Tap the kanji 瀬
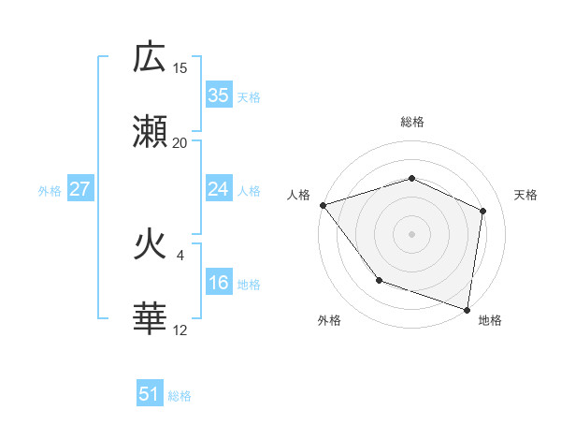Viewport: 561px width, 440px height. click(151, 132)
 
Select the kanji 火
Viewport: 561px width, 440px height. click(151, 245)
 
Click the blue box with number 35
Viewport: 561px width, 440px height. click(219, 95)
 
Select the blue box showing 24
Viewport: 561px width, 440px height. click(219, 190)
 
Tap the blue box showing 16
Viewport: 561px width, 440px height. click(219, 284)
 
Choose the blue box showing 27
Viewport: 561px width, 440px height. click(80, 190)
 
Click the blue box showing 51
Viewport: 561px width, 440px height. click(150, 394)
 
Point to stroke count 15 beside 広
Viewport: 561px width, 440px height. click(180, 68)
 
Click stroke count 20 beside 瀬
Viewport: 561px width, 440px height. click(180, 143)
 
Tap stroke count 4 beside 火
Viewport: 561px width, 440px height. click(180, 255)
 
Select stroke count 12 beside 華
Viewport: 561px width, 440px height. click(180, 330)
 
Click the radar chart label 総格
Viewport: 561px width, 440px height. click(412, 122)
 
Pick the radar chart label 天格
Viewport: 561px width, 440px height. click(526, 195)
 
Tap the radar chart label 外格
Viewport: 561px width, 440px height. click(329, 321)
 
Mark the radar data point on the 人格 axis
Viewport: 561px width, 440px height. click(323, 205)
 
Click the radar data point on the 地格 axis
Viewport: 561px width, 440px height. click(467, 309)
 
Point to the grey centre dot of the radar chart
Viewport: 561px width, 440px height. click(411, 233)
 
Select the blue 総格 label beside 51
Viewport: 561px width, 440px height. click(180, 396)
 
